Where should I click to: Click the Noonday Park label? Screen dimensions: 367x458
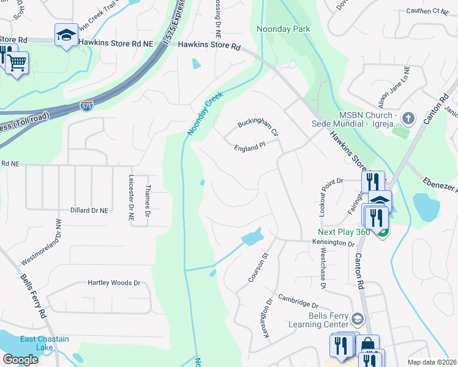pos(283,29)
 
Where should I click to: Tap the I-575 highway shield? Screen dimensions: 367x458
pos(87,106)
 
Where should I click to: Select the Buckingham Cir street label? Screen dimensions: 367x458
pos(258,127)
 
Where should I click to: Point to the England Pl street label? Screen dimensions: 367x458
pos(249,147)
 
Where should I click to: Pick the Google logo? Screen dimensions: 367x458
pos(20,359)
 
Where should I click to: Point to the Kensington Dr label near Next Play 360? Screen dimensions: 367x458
pos(334,243)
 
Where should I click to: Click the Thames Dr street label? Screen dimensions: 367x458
pos(148,201)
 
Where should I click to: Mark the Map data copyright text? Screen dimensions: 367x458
pos(432,362)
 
